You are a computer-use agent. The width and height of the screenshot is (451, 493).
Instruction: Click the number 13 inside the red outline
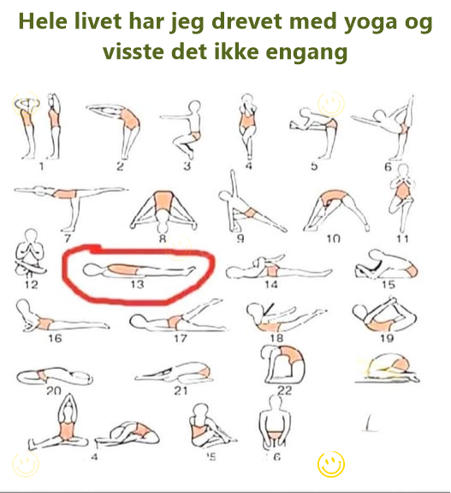pos(137,284)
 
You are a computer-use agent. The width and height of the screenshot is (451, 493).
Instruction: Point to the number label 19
pos(386,337)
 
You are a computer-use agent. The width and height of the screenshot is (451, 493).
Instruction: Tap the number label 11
pos(401,238)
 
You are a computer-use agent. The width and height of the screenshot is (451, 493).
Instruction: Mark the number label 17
pos(180,337)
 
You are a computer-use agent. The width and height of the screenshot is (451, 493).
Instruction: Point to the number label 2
pos(121,167)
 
